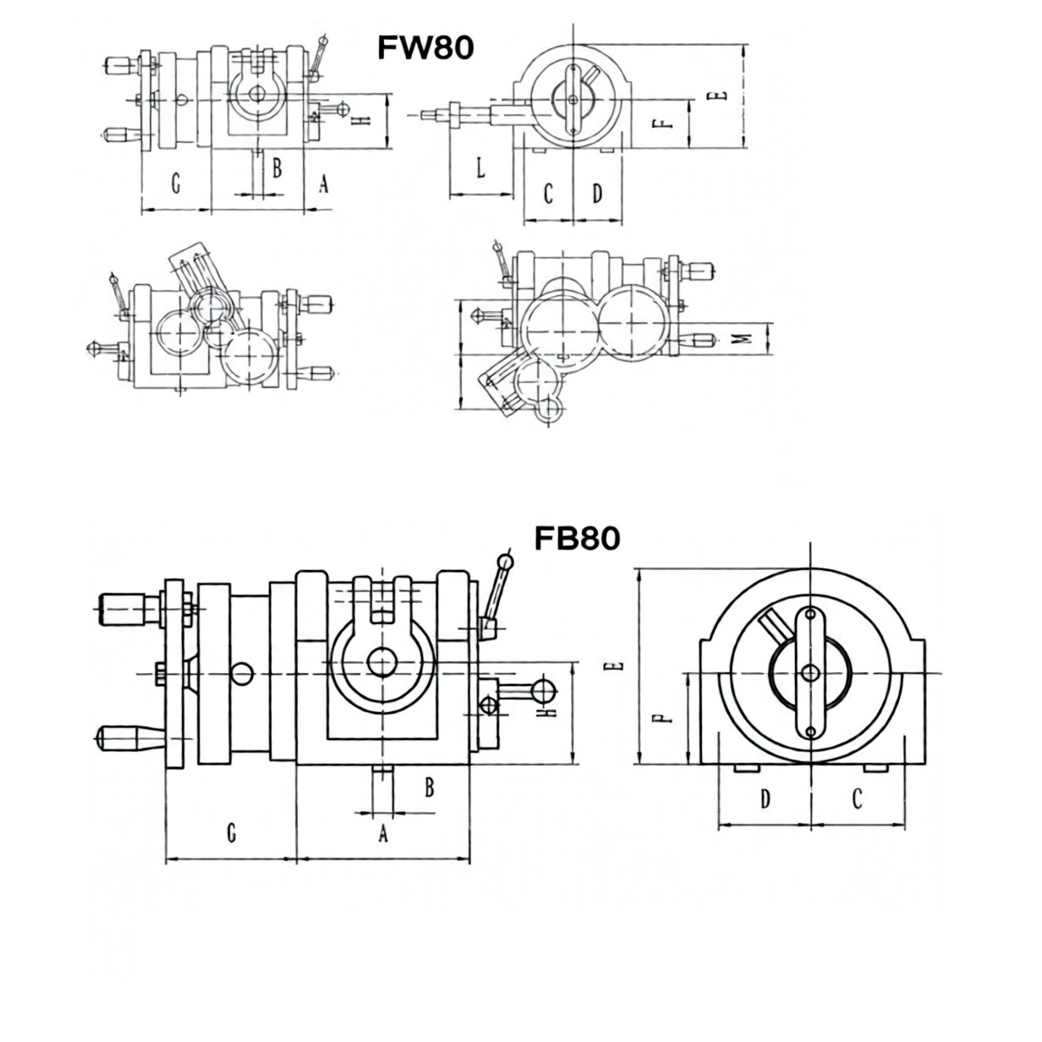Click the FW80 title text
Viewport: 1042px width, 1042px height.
tap(425, 47)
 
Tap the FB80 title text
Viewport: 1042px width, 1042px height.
tap(577, 539)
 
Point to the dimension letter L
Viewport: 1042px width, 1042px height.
tap(480, 167)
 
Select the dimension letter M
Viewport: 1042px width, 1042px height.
tap(744, 338)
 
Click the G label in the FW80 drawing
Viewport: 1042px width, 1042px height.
tap(176, 183)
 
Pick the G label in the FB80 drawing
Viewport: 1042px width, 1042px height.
tap(232, 833)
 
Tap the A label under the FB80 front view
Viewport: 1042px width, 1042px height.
tap(383, 833)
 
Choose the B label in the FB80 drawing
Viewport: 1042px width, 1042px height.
tap(430, 787)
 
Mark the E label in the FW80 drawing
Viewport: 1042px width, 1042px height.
tap(717, 96)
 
